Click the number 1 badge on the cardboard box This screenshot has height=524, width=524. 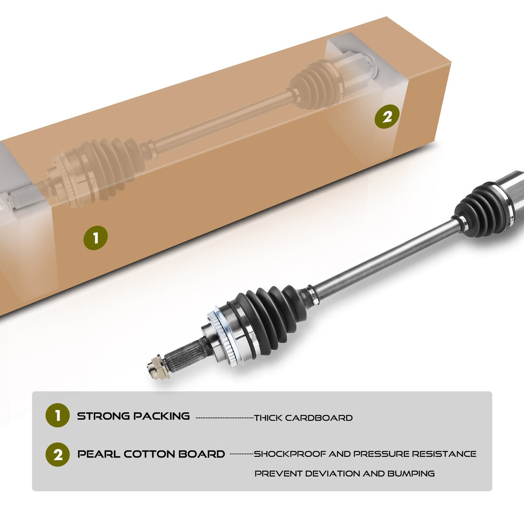tap(96, 238)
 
